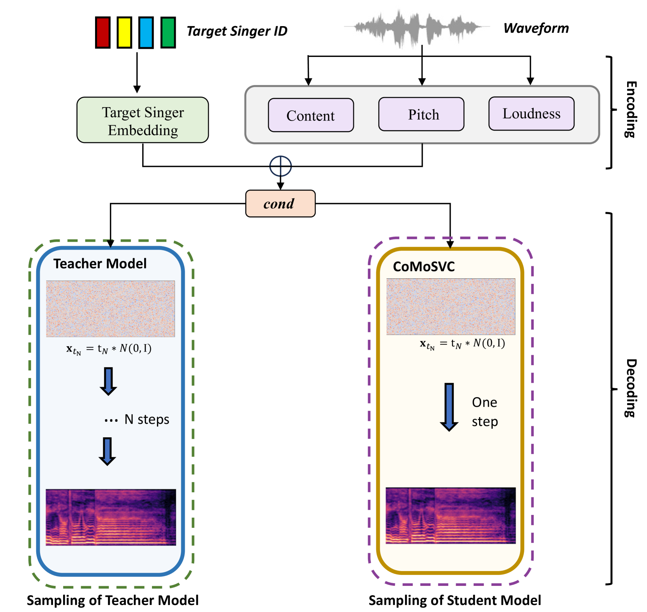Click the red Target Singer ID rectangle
pyautogui.click(x=103, y=32)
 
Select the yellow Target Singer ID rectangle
pyautogui.click(x=124, y=32)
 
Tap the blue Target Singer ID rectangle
pyautogui.click(x=146, y=32)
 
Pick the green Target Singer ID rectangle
pyautogui.click(x=168, y=32)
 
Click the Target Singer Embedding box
pyautogui.click(x=143, y=120)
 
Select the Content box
pyautogui.click(x=311, y=115)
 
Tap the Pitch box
pyautogui.click(x=421, y=114)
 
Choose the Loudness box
pyautogui.click(x=531, y=113)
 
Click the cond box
pyautogui.click(x=280, y=203)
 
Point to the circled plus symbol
pyautogui.click(x=280, y=166)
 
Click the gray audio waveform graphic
pyautogui.click(x=417, y=27)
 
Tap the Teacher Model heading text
pyautogui.click(x=100, y=264)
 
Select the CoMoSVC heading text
pyautogui.click(x=424, y=267)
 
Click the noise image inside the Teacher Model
pyautogui.click(x=110, y=309)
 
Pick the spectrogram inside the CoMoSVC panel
pyautogui.click(x=451, y=515)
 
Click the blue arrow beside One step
pyautogui.click(x=449, y=407)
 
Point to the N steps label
pyautogui.click(x=146, y=419)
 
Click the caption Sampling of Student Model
pyautogui.click(x=455, y=600)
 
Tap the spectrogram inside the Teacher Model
pyautogui.click(x=111, y=517)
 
